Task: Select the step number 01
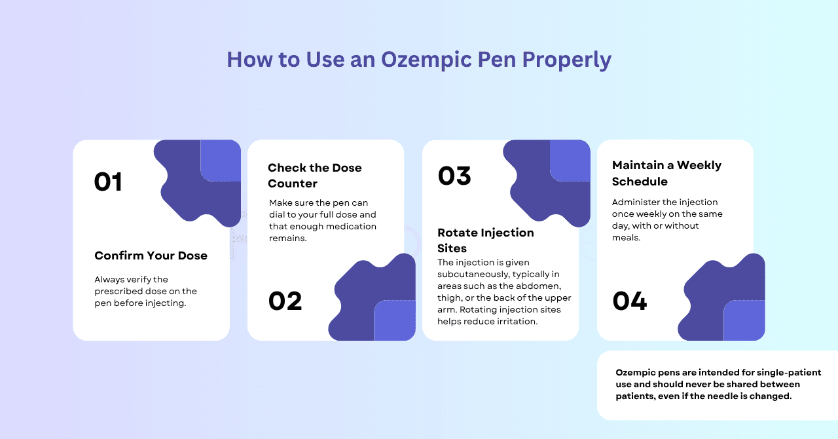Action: pos(108,181)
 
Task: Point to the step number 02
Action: pos(285,301)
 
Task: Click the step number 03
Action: pos(454,176)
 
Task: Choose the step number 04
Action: pos(630,301)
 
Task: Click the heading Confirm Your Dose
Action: pos(151,256)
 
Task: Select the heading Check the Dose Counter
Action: pos(314,176)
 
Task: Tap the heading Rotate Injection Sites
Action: pos(485,240)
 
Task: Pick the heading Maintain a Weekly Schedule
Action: pos(666,173)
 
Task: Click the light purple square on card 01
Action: pos(221,161)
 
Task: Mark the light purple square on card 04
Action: pos(744,320)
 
